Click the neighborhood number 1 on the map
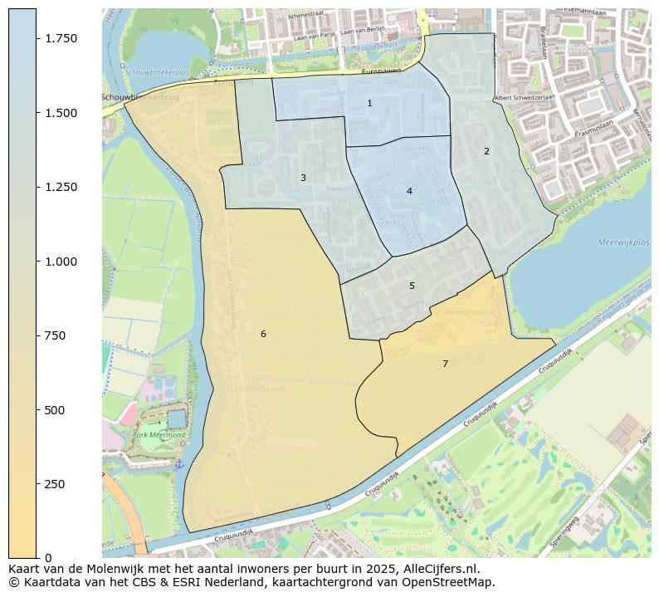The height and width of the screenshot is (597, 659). click(369, 103)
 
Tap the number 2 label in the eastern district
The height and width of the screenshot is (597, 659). click(486, 151)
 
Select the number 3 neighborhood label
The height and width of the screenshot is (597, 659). click(303, 178)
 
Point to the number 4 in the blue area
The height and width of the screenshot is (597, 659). click(409, 191)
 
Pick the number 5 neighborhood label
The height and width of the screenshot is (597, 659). click(412, 286)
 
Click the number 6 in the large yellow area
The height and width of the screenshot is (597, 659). click(263, 334)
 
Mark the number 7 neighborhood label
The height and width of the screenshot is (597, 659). click(445, 364)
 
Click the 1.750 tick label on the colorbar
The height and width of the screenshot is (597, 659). click(60, 39)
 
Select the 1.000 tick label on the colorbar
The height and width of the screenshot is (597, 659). click(60, 262)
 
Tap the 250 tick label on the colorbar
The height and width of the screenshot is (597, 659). click(55, 484)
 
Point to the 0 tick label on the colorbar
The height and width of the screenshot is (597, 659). click(48, 558)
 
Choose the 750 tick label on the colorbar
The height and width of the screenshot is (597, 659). click(55, 335)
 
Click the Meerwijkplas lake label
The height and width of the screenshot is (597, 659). click(622, 242)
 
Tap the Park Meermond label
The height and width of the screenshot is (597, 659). click(159, 434)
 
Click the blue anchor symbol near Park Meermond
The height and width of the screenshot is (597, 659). click(178, 463)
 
